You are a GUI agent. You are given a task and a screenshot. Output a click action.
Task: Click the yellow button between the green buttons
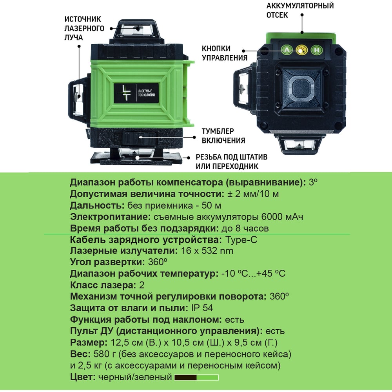(x=301, y=50)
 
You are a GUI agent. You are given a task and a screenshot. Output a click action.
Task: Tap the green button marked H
(x=316, y=50)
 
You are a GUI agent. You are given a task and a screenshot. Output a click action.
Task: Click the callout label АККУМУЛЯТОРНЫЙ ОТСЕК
(x=300, y=10)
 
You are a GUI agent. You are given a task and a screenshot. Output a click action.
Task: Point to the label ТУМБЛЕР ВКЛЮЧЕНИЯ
(x=223, y=136)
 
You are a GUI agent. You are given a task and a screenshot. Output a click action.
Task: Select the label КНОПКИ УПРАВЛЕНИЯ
(x=225, y=53)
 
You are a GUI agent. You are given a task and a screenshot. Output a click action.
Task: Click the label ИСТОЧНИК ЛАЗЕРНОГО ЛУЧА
(x=84, y=28)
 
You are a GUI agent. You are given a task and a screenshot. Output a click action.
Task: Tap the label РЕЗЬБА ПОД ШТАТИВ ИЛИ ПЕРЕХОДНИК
(x=232, y=162)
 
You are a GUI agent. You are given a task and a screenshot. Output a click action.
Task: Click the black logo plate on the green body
(x=136, y=93)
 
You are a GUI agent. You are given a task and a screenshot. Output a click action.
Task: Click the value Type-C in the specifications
(x=241, y=240)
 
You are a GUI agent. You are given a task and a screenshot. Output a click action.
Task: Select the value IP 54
(x=202, y=308)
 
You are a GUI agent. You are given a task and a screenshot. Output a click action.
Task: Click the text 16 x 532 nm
(x=207, y=250)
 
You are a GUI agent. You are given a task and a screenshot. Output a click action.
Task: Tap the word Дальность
(x=97, y=205)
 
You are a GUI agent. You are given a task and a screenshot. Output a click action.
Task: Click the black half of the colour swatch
(x=185, y=377)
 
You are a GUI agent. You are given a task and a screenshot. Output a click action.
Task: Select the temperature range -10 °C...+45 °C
(x=253, y=273)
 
